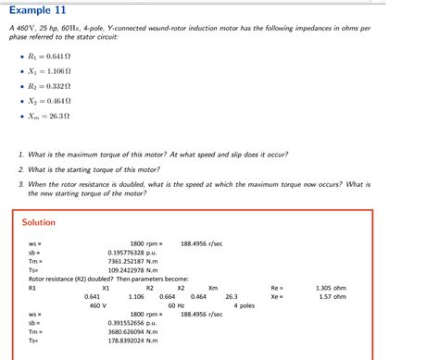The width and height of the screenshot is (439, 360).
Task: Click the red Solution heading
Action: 39,222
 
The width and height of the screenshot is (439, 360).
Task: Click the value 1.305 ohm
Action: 332,287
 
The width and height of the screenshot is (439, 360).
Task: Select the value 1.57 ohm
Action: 332,296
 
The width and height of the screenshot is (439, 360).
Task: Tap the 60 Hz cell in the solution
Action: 176,304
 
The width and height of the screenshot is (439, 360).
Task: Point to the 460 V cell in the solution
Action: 98,304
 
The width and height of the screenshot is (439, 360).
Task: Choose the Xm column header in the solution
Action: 213,287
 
